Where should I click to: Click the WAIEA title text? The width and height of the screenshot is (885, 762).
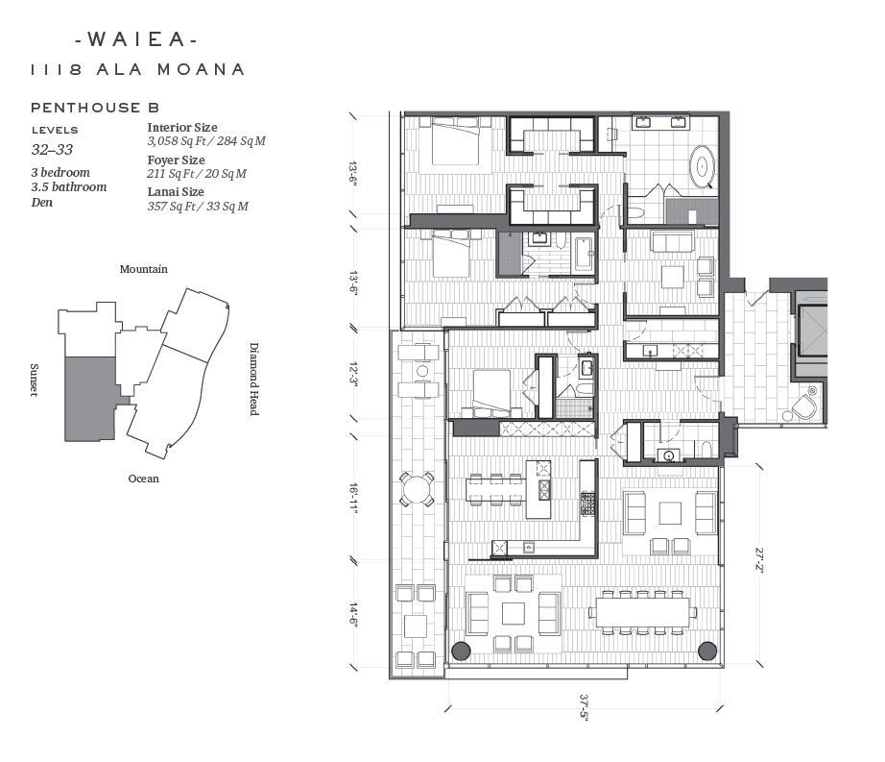pyautogui.click(x=136, y=39)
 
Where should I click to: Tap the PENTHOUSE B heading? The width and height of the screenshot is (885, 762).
pyautogui.click(x=95, y=108)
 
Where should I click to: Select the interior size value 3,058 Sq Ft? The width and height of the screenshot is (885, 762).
pyautogui.click(x=179, y=141)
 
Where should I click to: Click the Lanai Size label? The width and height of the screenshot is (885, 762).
pyautogui.click(x=176, y=192)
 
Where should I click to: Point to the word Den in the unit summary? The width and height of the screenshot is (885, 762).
pyautogui.click(x=42, y=202)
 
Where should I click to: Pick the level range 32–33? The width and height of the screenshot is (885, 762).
pyautogui.click(x=53, y=150)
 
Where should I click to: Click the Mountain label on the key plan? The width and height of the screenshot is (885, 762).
pyautogui.click(x=143, y=269)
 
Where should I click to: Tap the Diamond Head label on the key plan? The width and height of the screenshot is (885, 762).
pyautogui.click(x=254, y=379)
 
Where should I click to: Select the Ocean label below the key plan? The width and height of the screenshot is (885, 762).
pyautogui.click(x=143, y=479)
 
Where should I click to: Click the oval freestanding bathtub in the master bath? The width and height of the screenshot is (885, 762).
pyautogui.click(x=702, y=166)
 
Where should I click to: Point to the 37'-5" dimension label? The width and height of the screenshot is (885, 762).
pyautogui.click(x=584, y=706)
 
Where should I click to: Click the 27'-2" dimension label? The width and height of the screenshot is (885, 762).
pyautogui.click(x=759, y=559)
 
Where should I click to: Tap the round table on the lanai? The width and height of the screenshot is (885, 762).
pyautogui.click(x=416, y=489)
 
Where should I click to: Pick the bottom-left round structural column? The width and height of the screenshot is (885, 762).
pyautogui.click(x=461, y=651)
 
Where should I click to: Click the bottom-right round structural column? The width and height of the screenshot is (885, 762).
pyautogui.click(x=707, y=651)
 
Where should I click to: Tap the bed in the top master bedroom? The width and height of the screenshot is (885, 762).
pyautogui.click(x=456, y=140)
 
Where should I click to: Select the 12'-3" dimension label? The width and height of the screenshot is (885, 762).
pyautogui.click(x=354, y=375)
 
